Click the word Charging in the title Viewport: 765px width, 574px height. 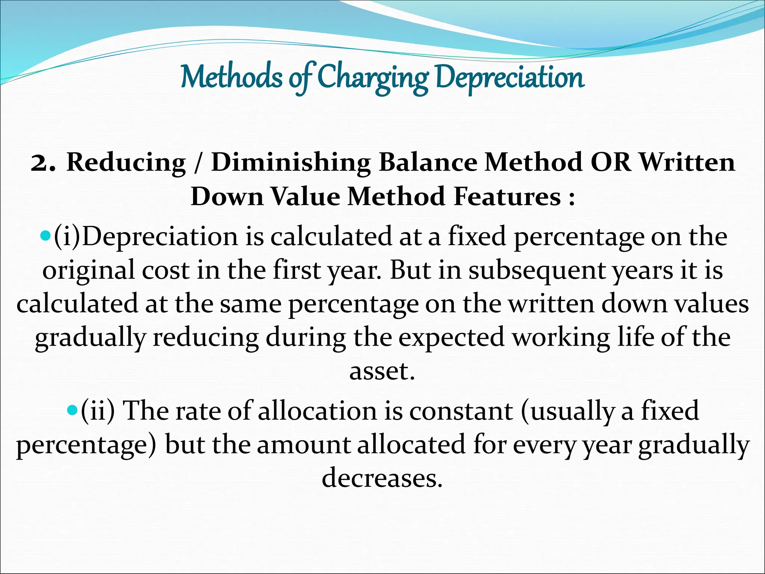click(x=373, y=78)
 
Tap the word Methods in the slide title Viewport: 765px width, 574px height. click(x=232, y=77)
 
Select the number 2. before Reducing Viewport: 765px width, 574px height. click(x=43, y=163)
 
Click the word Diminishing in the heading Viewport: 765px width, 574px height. click(x=291, y=163)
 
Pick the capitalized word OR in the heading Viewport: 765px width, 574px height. click(x=610, y=163)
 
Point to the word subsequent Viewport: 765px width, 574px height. click(x=536, y=271)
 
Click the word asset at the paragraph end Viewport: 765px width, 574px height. click(x=382, y=371)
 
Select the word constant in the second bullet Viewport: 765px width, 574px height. click(x=461, y=411)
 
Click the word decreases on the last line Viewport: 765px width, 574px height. click(x=382, y=478)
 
